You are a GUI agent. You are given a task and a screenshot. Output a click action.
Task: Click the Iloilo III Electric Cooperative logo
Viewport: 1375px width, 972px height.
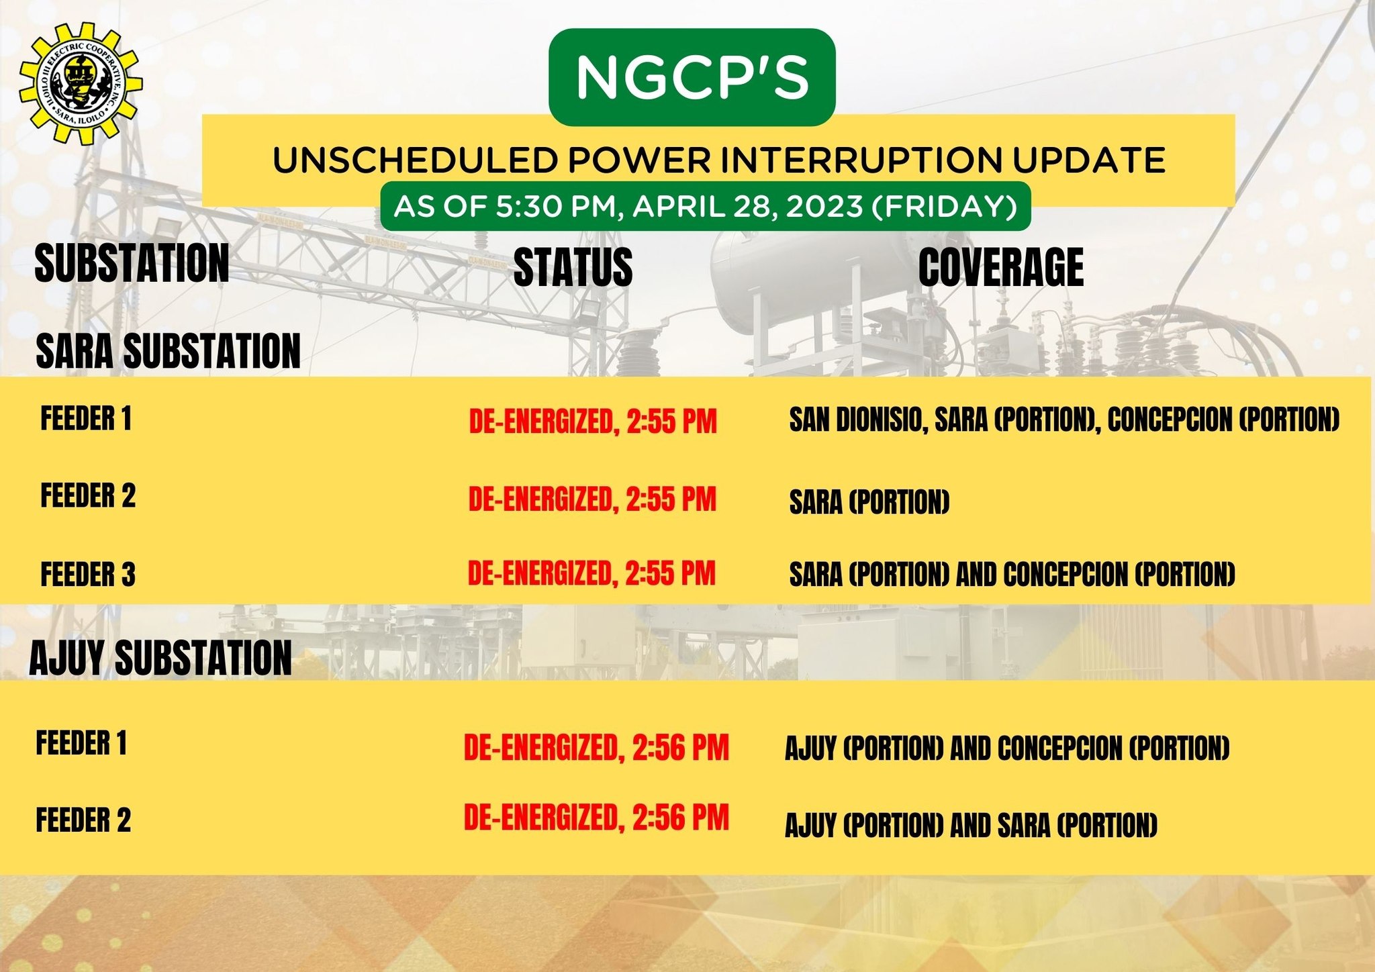pyautogui.click(x=81, y=83)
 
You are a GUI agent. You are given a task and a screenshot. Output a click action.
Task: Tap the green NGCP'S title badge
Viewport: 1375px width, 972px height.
pyautogui.click(x=692, y=77)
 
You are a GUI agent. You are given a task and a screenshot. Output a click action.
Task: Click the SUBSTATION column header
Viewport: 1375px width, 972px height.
pyautogui.click(x=132, y=263)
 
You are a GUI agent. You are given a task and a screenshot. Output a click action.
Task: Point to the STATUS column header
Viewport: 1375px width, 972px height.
pyautogui.click(x=573, y=266)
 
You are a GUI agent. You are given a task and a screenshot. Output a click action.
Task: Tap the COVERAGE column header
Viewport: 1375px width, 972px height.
pyautogui.click(x=1000, y=266)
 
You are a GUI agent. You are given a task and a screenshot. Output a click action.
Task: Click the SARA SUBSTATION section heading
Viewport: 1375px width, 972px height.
pyautogui.click(x=168, y=350)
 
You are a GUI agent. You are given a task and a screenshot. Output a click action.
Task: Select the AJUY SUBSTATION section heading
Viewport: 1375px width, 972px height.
pyautogui.click(x=160, y=657)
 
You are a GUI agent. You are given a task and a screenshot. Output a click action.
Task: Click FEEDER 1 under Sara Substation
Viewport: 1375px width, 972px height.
pyautogui.click(x=86, y=418)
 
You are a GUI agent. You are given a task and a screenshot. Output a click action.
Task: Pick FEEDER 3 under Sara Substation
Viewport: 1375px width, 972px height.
pyautogui.click(x=88, y=575)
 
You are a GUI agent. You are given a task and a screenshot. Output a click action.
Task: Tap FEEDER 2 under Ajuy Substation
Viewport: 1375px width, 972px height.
pyautogui.click(x=83, y=820)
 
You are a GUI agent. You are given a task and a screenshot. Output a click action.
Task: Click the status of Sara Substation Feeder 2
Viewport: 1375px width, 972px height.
pyautogui.click(x=592, y=499)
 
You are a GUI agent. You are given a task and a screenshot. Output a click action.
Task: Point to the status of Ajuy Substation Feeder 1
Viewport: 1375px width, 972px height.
pyautogui.click(x=596, y=748)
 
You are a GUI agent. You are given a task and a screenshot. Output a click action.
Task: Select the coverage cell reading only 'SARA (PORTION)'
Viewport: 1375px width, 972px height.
pyautogui.click(x=869, y=502)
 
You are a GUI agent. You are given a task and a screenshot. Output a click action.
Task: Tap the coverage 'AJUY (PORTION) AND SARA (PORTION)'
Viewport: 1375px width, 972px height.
pyautogui.click(x=971, y=826)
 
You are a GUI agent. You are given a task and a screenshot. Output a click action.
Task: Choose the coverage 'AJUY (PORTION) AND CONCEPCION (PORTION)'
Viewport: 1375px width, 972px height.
pyautogui.click(x=1007, y=748)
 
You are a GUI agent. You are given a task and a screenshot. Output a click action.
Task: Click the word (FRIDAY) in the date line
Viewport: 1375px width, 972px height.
pyautogui.click(x=944, y=206)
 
